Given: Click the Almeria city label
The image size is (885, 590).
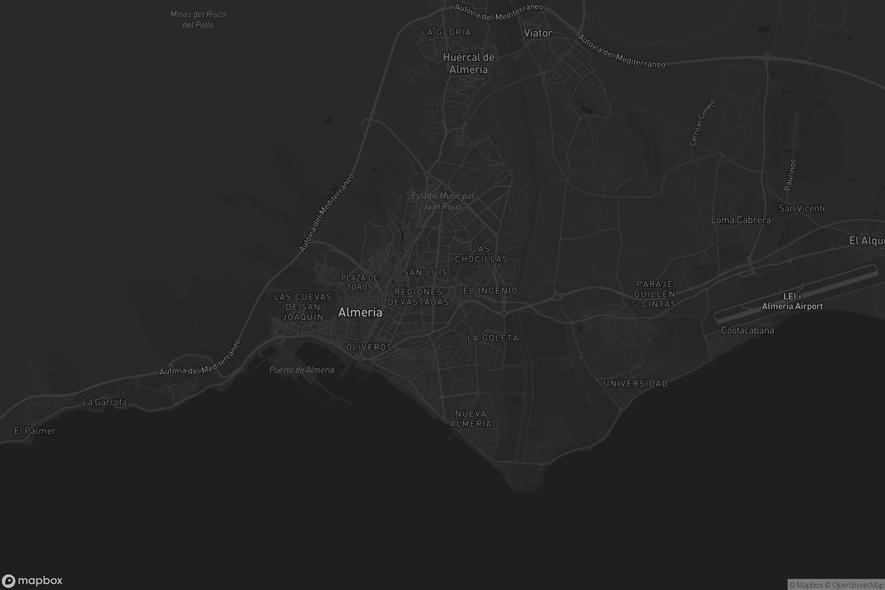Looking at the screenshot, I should pyautogui.click(x=360, y=312).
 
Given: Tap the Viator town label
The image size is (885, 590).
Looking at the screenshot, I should pyautogui.click(x=538, y=33).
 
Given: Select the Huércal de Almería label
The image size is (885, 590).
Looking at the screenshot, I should pyautogui.click(x=468, y=63).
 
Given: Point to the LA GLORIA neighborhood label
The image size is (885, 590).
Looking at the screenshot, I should pyautogui.click(x=446, y=32).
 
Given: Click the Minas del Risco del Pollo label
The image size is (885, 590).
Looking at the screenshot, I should pyautogui.click(x=198, y=20).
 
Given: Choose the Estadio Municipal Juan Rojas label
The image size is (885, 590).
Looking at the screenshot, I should pyautogui.click(x=442, y=201).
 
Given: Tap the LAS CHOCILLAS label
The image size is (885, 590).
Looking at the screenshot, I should pyautogui.click(x=481, y=254).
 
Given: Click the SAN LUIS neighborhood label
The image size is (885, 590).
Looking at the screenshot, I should pyautogui.click(x=425, y=273).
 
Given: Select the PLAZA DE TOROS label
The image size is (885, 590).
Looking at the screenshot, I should pyautogui.click(x=360, y=282).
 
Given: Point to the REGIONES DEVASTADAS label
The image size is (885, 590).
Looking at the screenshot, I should pyautogui.click(x=419, y=297).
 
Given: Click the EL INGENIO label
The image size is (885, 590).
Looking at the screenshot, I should pyautogui.click(x=490, y=291).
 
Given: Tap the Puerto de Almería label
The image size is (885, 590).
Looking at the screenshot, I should pyautogui.click(x=301, y=370).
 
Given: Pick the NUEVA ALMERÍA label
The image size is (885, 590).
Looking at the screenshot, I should pyautogui.click(x=471, y=419).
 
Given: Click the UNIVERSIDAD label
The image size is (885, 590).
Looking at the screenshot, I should pyautogui.click(x=635, y=384).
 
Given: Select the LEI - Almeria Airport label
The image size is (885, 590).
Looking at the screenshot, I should pyautogui.click(x=792, y=302).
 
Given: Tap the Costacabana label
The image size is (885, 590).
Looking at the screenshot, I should pyautogui.click(x=747, y=331).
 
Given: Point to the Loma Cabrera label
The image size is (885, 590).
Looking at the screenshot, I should pyautogui.click(x=740, y=220).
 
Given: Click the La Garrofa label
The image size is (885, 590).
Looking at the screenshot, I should pyautogui.click(x=105, y=402).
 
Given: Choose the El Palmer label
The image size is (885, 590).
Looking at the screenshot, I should pyautogui.click(x=35, y=431).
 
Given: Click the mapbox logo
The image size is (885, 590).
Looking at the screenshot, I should pyautogui.click(x=32, y=580).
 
